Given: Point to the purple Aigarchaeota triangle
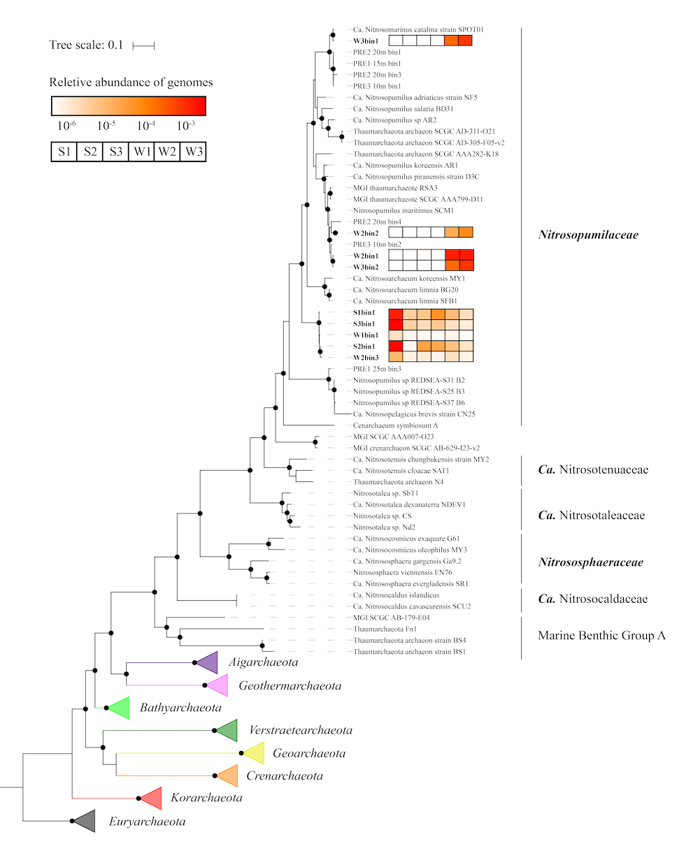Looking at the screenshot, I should [x=208, y=662].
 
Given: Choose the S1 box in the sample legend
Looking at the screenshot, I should [x=64, y=152].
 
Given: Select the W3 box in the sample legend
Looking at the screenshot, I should [x=193, y=152].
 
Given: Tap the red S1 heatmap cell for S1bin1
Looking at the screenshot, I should [x=396, y=314].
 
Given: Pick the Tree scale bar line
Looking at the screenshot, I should [x=143, y=46].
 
